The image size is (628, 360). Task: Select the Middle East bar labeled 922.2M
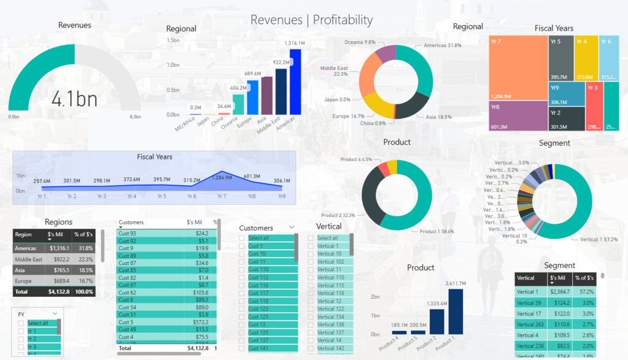click(x=281, y=91)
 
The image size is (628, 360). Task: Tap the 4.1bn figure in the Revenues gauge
click(x=74, y=98)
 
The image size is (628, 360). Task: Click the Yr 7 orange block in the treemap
click(x=518, y=67)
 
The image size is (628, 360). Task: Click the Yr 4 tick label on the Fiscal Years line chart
click(x=131, y=197)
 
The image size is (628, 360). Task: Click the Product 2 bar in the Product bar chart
click(x=437, y=321)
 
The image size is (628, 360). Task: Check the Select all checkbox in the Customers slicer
click(x=242, y=238)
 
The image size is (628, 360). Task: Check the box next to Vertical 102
click(x=311, y=262)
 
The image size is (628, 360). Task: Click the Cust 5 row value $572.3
click(x=200, y=322)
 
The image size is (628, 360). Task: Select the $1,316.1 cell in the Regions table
click(x=59, y=248)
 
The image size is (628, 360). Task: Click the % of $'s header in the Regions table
click(x=83, y=234)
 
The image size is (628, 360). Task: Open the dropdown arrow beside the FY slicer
click(x=56, y=314)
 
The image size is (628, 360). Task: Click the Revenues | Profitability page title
click(x=312, y=20)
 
